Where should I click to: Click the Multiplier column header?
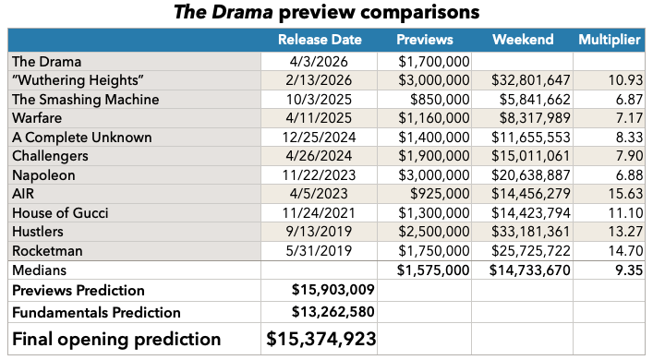[611, 40]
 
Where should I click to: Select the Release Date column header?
[320, 40]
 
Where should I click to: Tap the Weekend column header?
[523, 40]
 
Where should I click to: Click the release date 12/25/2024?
[319, 138]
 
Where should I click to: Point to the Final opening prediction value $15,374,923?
[320, 339]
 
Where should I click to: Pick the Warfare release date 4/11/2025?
[319, 118]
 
